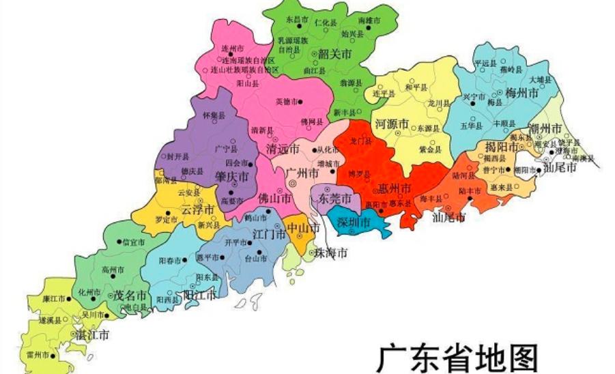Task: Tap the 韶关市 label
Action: (335, 54)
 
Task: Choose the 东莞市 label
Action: (334, 199)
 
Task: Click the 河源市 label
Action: (391, 124)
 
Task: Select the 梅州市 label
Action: (522, 93)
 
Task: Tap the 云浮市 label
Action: (199, 209)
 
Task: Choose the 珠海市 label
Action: (331, 253)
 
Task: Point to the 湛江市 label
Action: (92, 334)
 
